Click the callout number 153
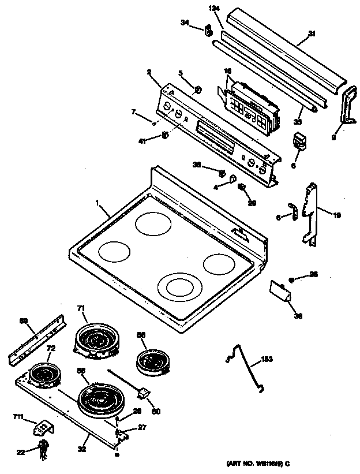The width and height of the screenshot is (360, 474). pos(267,359)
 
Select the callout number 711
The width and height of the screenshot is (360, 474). pos(19,416)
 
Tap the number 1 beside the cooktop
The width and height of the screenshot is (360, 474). pos(97,203)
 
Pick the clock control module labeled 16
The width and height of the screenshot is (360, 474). pos(252,106)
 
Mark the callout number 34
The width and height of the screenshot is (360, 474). pos(185,23)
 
